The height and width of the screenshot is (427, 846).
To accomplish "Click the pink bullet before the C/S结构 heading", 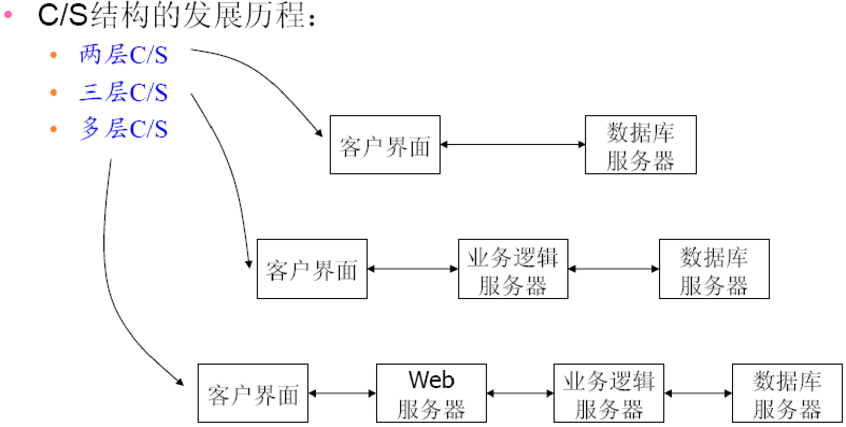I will [x=8, y=14].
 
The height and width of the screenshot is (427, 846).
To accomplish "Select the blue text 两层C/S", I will [x=124, y=55].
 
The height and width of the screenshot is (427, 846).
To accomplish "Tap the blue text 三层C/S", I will [x=124, y=92].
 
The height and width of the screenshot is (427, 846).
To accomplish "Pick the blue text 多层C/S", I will [x=124, y=129].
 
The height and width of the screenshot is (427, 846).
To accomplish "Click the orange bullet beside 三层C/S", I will [x=53, y=92].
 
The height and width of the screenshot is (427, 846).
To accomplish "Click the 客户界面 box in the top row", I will [x=385, y=145].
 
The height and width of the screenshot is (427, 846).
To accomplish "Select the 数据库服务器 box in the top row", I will [x=640, y=145].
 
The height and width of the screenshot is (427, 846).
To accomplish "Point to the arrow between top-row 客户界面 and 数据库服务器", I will [x=513, y=144].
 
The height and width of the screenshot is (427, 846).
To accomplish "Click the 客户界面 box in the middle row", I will [x=312, y=269].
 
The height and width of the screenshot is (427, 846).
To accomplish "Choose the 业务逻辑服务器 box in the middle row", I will [x=513, y=269].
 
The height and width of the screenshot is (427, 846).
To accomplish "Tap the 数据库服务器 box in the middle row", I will [x=714, y=269].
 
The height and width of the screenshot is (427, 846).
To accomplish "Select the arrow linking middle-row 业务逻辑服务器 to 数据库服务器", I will [x=613, y=269].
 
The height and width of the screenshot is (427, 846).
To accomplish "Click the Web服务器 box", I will [x=431, y=393].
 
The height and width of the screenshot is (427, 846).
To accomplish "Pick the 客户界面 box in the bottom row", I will [x=253, y=393].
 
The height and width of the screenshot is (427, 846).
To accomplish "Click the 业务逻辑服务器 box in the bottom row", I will [x=608, y=393].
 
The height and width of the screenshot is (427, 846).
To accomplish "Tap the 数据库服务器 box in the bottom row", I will [x=787, y=393].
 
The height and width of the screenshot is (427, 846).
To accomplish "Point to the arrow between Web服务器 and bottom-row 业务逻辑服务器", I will [x=520, y=393].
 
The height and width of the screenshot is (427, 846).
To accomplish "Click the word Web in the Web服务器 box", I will [x=431, y=380].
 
